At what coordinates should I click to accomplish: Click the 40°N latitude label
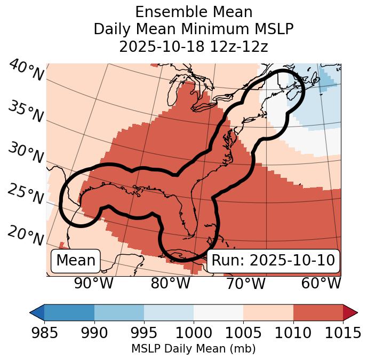pyautogui.click(x=26, y=71)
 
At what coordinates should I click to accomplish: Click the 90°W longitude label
pyautogui.click(x=93, y=283)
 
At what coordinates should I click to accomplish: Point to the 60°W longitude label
pyautogui.click(x=321, y=283)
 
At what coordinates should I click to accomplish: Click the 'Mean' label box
pyautogui.click(x=76, y=261)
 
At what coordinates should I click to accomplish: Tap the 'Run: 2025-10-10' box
pyautogui.click(x=273, y=261)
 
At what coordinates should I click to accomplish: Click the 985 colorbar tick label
pyautogui.click(x=44, y=333)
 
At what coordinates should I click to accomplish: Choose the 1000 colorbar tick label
pyautogui.click(x=194, y=333)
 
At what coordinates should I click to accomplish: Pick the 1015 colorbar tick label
pyautogui.click(x=342, y=333)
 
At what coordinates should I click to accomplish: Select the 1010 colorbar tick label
pyautogui.click(x=293, y=333)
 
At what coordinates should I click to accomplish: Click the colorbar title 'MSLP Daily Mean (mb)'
pyautogui.click(x=193, y=349)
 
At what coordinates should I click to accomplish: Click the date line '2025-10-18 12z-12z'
pyautogui.click(x=193, y=46)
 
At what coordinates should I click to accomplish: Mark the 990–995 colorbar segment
pyautogui.click(x=119, y=312)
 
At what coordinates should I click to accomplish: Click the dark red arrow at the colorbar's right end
pyautogui.click(x=350, y=312)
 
